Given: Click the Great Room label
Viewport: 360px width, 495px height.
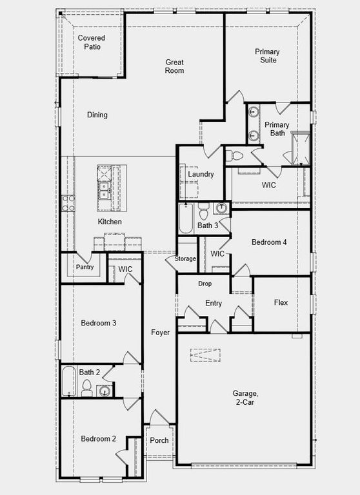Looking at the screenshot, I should point(175,66).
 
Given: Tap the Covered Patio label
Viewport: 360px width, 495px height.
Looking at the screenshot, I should point(92,43).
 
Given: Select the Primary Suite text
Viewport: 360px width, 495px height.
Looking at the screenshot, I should point(266,55).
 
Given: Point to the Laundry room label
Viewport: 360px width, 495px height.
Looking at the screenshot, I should point(201,174).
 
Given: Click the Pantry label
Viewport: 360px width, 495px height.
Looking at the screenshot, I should point(85,267).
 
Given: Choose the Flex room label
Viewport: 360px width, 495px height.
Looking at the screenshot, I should point(281,302).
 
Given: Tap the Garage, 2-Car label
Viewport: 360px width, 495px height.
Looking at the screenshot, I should point(246,397).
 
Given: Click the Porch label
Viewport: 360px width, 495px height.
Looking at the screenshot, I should point(159,441).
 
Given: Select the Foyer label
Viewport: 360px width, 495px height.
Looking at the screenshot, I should point(161,333).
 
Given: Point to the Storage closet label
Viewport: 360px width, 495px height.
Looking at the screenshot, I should point(185,259).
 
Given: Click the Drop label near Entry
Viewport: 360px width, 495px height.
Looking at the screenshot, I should point(205,284).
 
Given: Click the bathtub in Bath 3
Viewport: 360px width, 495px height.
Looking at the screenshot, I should point(185,219).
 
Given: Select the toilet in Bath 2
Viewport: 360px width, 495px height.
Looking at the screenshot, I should point(86,387).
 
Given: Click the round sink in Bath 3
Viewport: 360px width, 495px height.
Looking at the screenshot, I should point(222,208).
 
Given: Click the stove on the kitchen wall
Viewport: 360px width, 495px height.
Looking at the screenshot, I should point(67,204).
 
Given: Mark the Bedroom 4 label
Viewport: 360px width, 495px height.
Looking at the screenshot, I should point(269,242).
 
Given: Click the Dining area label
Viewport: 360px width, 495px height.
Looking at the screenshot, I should point(97,115).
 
